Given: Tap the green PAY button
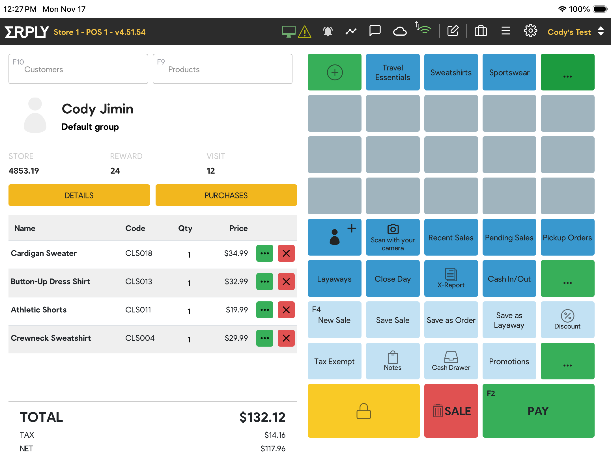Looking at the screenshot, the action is (x=538, y=411).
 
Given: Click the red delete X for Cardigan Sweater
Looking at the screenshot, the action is (x=286, y=253).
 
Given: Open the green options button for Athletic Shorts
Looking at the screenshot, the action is (x=264, y=310).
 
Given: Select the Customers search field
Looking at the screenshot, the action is (x=78, y=69).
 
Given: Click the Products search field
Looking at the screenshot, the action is (x=223, y=69).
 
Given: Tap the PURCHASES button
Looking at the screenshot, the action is (x=226, y=195).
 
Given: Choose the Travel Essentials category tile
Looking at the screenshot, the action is (x=393, y=72).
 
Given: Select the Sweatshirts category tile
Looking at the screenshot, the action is (x=451, y=72).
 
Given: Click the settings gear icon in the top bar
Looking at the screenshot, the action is (x=530, y=31).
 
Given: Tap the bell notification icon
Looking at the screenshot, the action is (x=328, y=31).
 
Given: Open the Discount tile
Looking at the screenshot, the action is (x=567, y=320).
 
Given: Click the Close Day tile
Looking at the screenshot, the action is (x=393, y=278).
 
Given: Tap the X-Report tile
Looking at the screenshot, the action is (x=451, y=278).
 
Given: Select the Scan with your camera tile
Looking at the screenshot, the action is (x=393, y=237).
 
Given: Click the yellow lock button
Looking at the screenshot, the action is (x=363, y=411).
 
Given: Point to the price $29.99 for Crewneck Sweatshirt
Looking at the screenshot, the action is (x=236, y=338).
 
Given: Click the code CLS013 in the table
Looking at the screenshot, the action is (x=139, y=282).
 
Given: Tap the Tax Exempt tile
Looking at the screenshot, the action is (x=334, y=361).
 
